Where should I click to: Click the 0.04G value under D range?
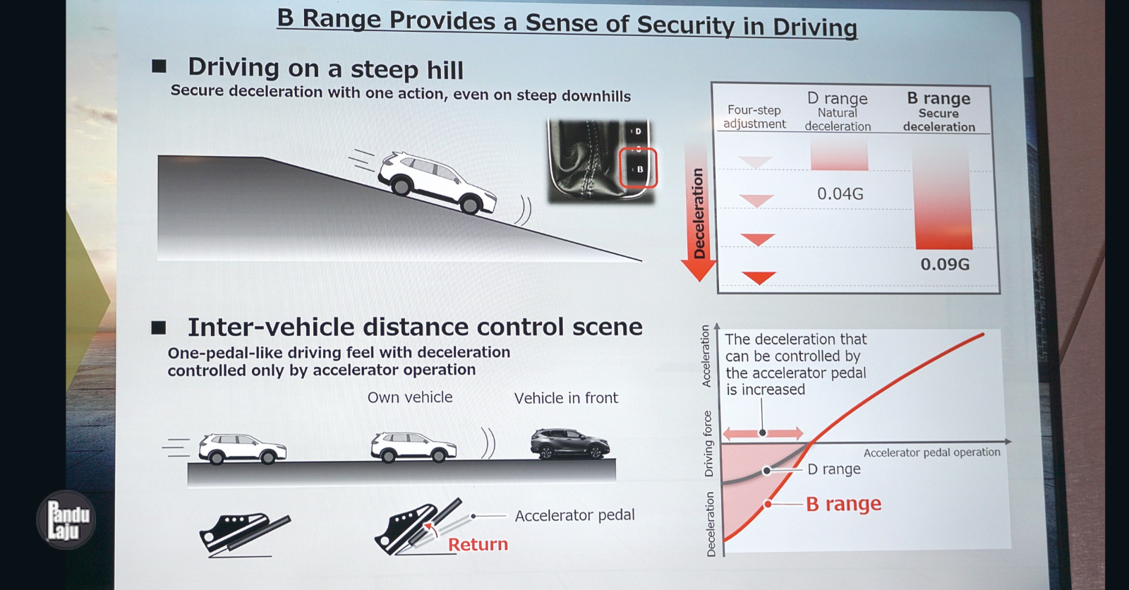pos(840,193)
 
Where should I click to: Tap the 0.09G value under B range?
pos(945,264)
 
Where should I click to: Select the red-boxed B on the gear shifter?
pos(639,169)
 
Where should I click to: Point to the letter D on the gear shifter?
pos(638,131)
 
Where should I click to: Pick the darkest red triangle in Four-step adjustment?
pos(759,277)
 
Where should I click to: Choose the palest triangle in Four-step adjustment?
pos(755,162)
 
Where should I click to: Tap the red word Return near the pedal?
pos(478,544)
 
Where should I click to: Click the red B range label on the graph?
pos(844,504)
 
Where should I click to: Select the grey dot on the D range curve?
pos(766,471)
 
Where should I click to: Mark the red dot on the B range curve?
pos(768,504)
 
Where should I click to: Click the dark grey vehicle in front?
pos(570,443)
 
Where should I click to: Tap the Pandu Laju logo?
pos(66,519)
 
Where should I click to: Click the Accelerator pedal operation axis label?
pos(932,452)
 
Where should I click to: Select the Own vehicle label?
pos(410,397)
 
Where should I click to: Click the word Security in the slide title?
pos(684,25)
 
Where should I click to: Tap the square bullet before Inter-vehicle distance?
pos(159,327)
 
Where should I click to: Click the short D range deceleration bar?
pos(839,155)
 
